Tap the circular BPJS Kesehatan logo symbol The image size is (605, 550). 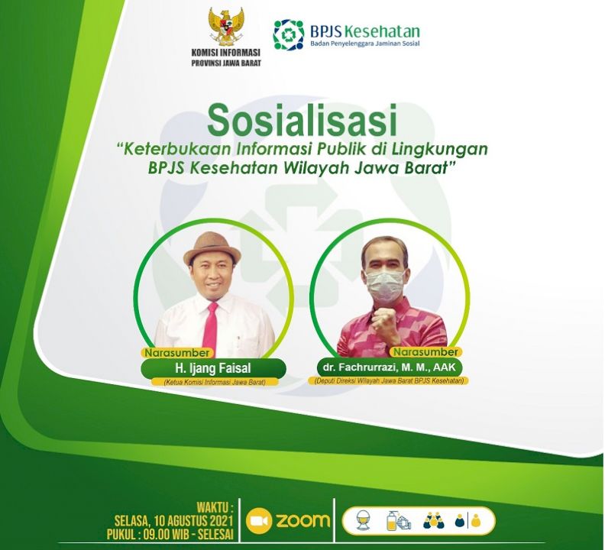tap(289, 35)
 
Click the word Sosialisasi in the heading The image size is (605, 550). tap(302, 121)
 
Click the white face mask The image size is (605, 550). tap(386, 284)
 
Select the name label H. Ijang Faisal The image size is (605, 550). tap(213, 368)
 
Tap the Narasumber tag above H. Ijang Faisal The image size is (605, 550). tap(177, 353)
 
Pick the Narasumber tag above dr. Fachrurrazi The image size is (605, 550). tap(425, 352)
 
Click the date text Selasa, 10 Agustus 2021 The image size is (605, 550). tap(173, 521)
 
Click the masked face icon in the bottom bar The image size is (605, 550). tap(362, 520)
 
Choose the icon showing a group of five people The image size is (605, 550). tap(434, 520)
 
